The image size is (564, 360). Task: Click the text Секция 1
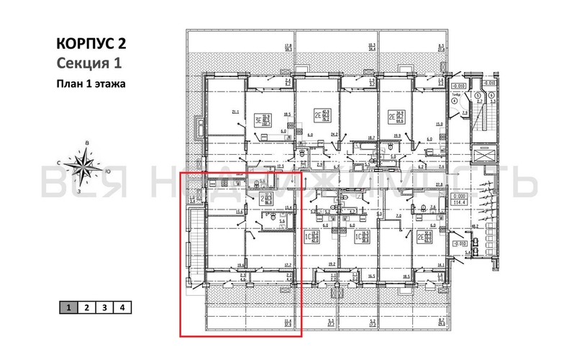click(x=86, y=62)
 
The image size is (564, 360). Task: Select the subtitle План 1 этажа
click(x=91, y=84)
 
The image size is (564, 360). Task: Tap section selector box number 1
click(x=68, y=307)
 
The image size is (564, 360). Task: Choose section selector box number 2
click(x=86, y=307)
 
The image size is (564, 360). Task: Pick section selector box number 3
click(x=105, y=307)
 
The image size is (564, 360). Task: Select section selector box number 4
click(x=124, y=307)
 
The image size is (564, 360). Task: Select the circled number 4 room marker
click(x=455, y=101)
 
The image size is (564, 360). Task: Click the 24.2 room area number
click(x=334, y=135)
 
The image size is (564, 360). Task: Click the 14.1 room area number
click(x=440, y=264)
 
